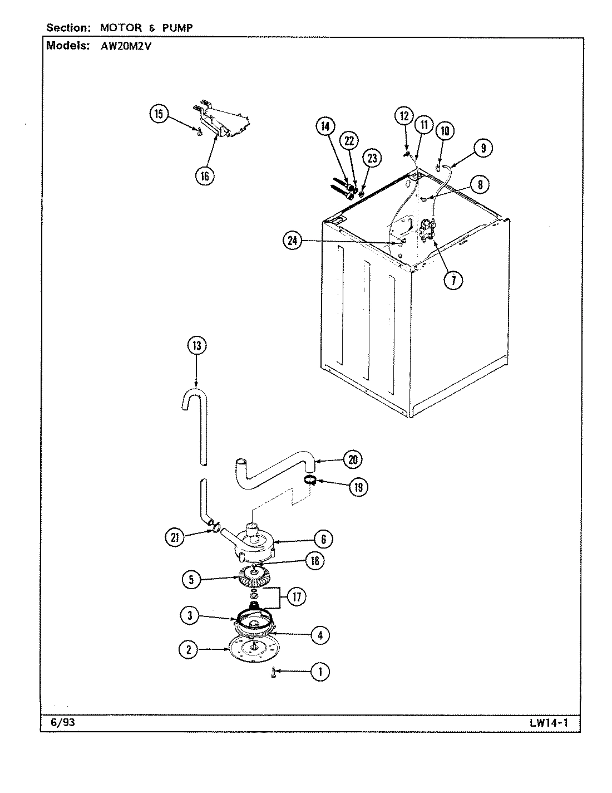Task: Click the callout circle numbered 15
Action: (159, 114)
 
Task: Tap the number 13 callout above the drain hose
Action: (196, 346)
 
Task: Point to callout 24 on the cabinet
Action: (292, 241)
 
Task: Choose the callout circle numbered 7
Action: (453, 280)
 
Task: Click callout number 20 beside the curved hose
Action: (352, 459)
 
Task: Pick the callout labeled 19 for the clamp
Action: (358, 487)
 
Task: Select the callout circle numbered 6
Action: (324, 539)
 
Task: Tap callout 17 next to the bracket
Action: (296, 598)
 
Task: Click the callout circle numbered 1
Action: (319, 672)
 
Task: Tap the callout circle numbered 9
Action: (483, 148)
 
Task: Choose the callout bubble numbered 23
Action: (372, 158)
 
